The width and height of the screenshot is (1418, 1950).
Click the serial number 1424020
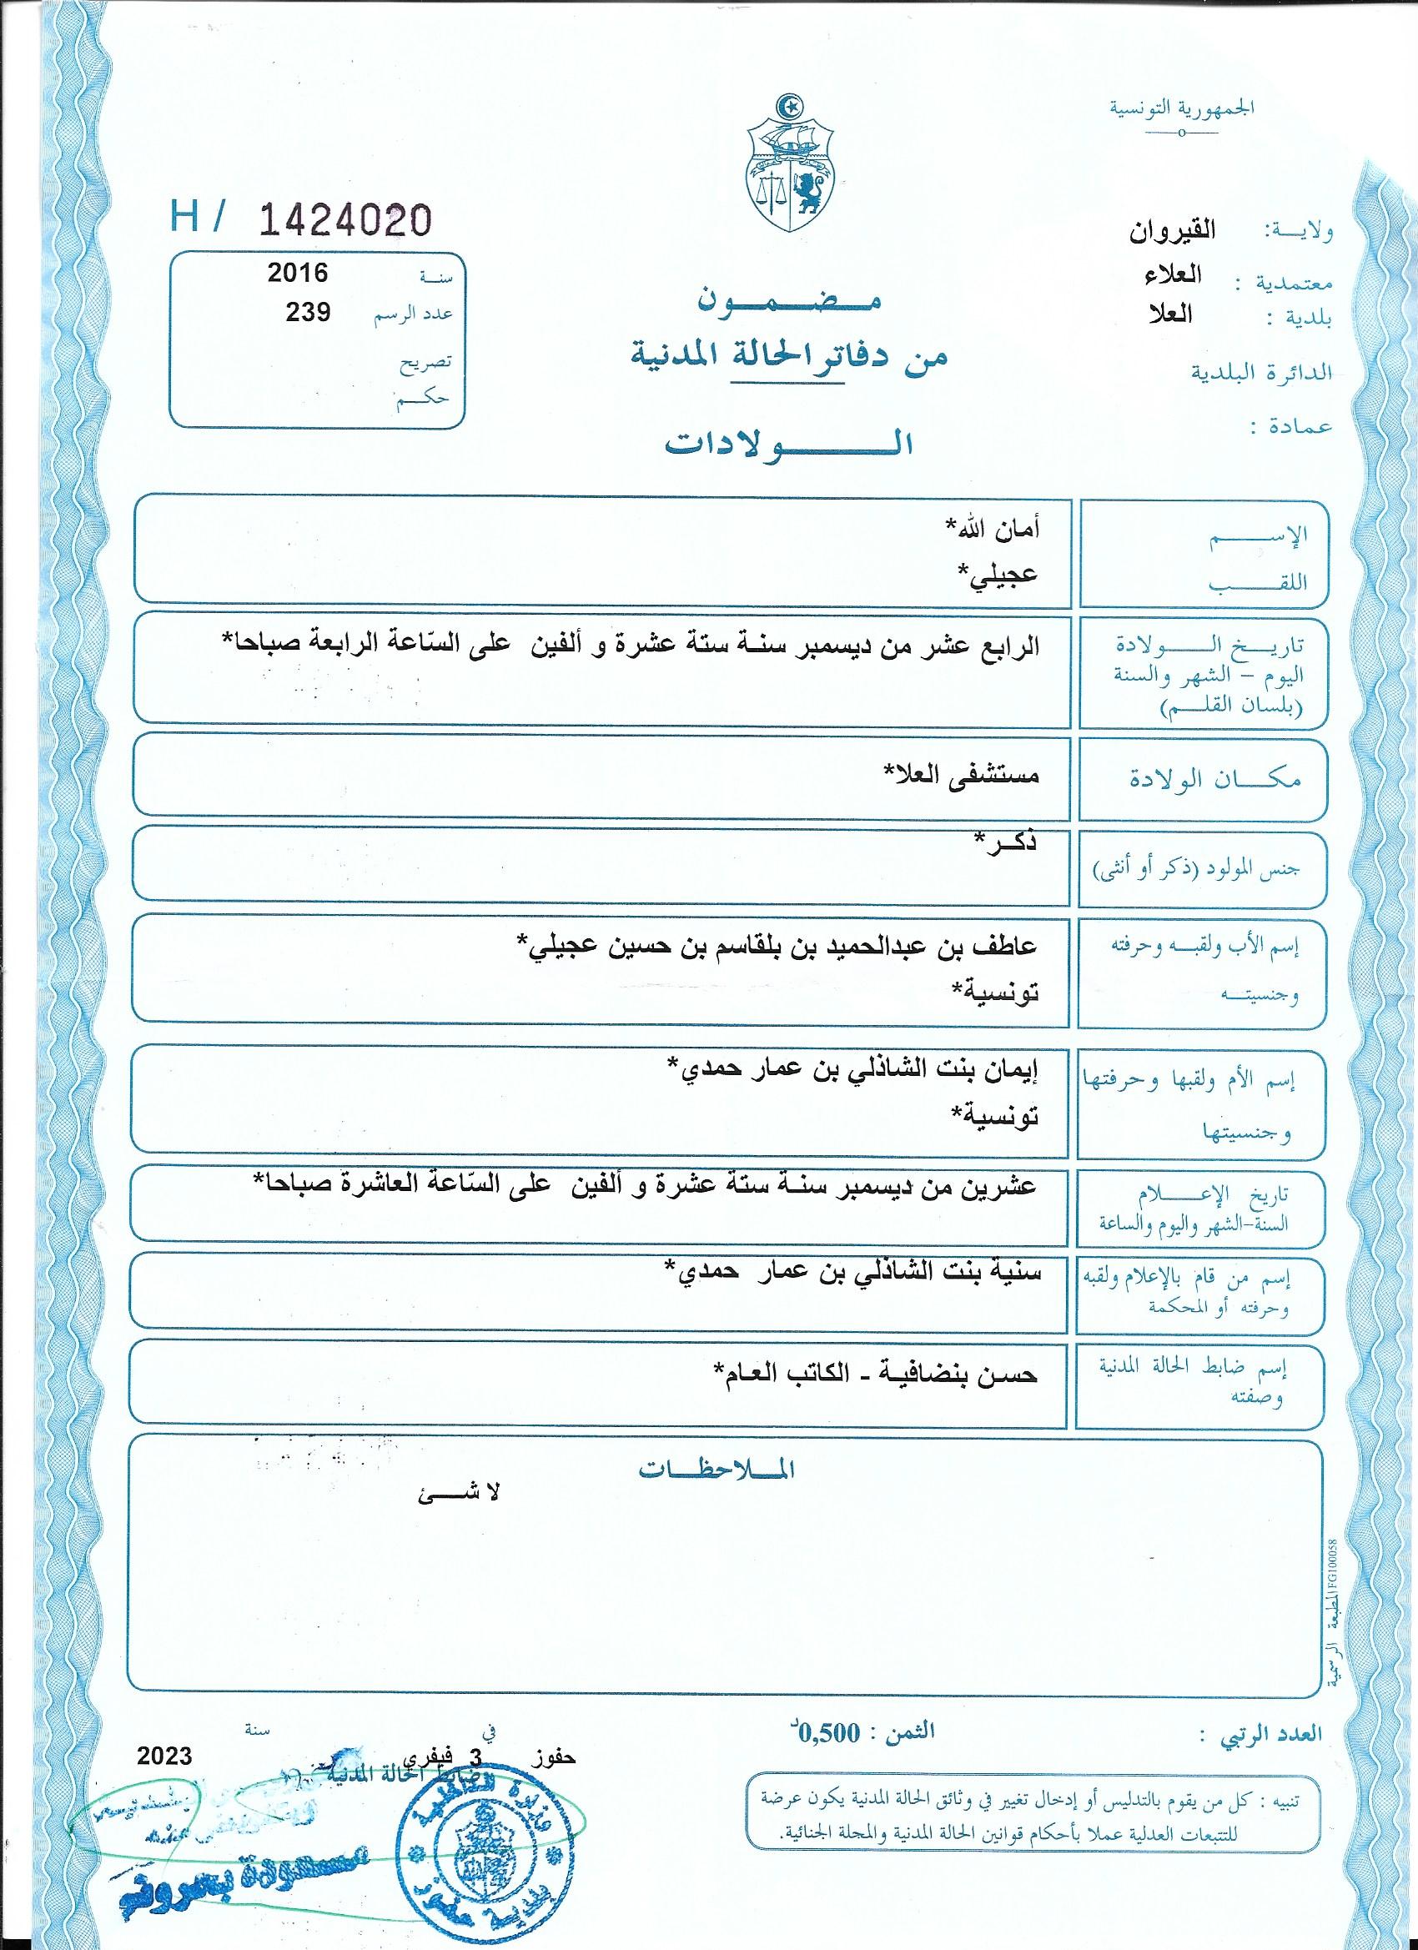point(344,221)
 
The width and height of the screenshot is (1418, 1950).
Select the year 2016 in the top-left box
point(297,274)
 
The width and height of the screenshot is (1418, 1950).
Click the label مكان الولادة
point(1214,779)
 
